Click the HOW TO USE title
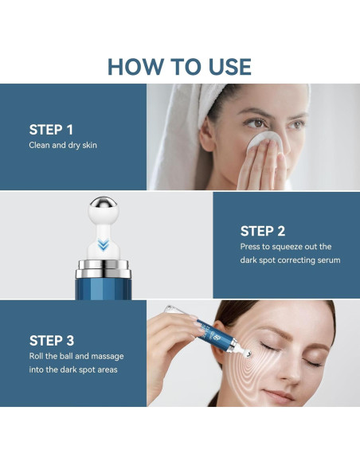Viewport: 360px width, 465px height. coord(179,67)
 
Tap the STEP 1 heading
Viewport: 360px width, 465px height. coord(51,130)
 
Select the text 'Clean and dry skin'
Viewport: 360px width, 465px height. coord(63,145)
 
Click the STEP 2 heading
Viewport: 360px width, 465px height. coord(263,231)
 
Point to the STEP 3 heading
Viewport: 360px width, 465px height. coord(52,341)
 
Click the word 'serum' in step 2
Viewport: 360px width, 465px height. coord(329,260)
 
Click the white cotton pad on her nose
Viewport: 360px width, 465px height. coord(264,141)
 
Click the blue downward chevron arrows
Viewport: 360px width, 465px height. coord(103,245)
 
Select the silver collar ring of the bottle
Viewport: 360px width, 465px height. coord(104,269)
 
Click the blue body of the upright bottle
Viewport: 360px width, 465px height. coord(104,289)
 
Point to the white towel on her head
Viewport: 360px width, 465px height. coord(190,127)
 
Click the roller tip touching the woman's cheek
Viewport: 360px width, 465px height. coord(246,353)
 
